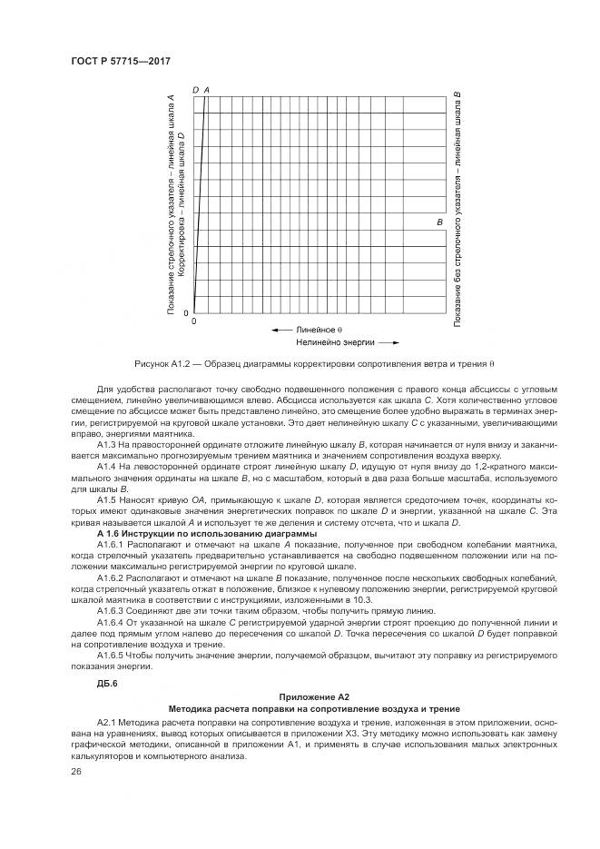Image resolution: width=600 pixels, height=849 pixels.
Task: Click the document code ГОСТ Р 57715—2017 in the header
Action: tap(120, 61)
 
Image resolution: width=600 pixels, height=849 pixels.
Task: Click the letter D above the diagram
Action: tap(196, 90)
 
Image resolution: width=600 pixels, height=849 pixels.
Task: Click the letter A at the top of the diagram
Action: tap(207, 90)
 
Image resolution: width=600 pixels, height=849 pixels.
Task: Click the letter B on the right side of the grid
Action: tap(439, 222)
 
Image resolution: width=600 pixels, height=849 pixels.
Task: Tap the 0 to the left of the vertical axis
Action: tap(187, 312)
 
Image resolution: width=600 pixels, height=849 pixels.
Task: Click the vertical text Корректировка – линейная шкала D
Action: tap(181, 204)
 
